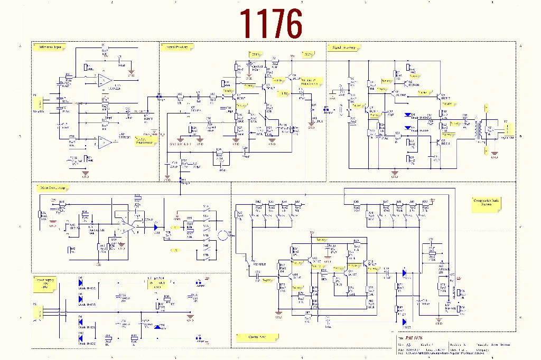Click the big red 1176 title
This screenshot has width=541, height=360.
(271, 24)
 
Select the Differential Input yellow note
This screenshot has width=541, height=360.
(50, 47)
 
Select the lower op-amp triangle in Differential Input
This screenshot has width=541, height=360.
(105, 141)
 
